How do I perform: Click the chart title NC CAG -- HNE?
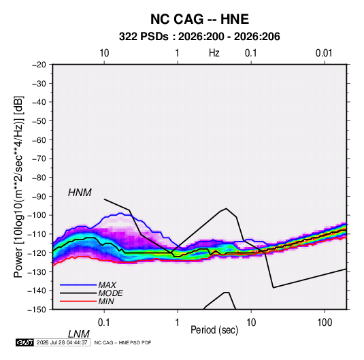click(199, 19)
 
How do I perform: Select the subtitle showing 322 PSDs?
click(199, 37)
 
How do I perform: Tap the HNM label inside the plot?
click(80, 193)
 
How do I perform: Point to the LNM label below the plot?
click(79, 334)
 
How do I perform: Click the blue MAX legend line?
click(78, 284)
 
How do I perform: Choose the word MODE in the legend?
click(110, 293)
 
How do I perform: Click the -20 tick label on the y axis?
click(39, 65)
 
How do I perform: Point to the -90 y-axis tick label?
click(39, 197)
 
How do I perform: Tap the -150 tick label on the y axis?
click(37, 310)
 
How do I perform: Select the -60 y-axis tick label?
click(39, 140)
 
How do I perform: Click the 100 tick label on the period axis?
click(325, 323)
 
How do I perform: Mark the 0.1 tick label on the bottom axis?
click(103, 323)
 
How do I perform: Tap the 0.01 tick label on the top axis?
click(324, 53)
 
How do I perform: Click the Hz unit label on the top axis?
click(214, 53)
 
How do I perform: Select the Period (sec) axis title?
click(214, 330)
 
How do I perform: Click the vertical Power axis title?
click(18, 187)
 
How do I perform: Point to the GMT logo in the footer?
click(24, 342)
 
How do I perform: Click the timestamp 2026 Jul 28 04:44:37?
click(62, 342)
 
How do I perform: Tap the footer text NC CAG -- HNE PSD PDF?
click(122, 342)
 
